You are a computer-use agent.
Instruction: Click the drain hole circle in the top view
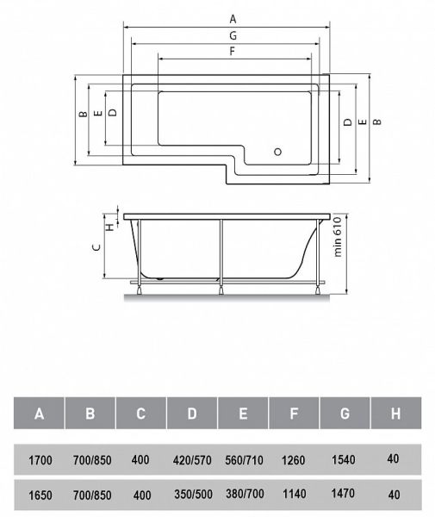277,152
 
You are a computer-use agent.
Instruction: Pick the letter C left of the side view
97,247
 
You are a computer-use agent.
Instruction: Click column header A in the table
40,414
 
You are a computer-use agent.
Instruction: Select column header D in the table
191,414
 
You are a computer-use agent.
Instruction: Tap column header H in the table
395,414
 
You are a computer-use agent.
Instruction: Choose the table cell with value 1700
40,460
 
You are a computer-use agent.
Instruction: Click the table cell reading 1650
40,495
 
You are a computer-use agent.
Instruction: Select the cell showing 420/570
191,460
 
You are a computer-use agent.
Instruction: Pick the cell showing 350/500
191,495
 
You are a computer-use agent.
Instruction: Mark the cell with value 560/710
243,460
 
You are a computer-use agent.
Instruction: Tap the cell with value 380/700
243,495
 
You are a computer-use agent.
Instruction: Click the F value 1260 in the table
294,460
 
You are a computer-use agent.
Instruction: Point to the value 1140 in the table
294,495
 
